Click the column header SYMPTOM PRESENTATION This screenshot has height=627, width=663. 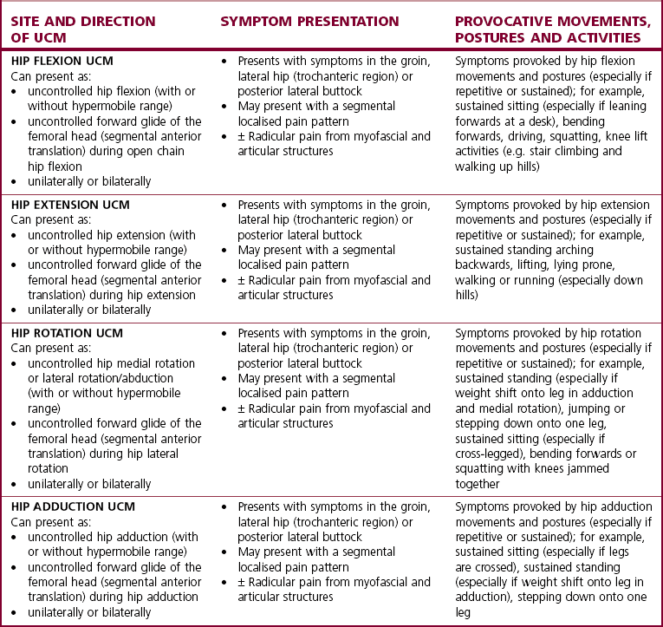(x=309, y=22)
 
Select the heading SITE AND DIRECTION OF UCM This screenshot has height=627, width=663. (x=84, y=29)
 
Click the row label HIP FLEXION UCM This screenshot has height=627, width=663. (x=63, y=62)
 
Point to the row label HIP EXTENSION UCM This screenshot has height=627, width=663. (x=70, y=206)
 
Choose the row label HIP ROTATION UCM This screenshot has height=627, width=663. (x=68, y=334)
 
